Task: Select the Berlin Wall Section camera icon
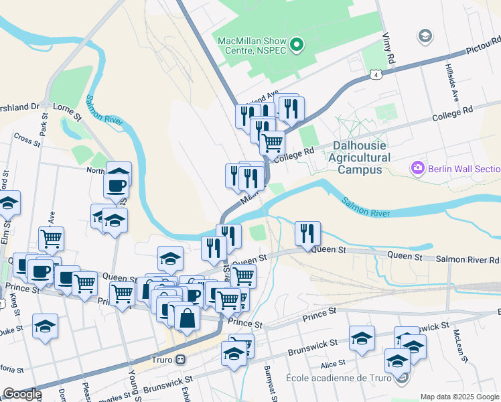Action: (x=419, y=167)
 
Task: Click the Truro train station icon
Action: (x=180, y=359)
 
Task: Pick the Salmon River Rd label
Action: (x=468, y=258)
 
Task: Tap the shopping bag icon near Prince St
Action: (x=187, y=318)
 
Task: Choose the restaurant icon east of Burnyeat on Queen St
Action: (x=307, y=233)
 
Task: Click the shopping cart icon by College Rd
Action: (x=272, y=142)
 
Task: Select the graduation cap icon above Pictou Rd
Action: (x=424, y=35)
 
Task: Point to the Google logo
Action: (x=21, y=395)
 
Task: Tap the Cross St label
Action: (x=27, y=139)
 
